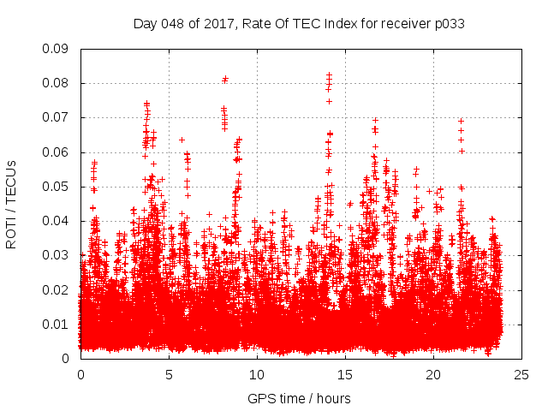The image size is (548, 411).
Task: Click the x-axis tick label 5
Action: pyautogui.click(x=170, y=375)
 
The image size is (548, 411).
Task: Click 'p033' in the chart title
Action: pyautogui.click(x=448, y=23)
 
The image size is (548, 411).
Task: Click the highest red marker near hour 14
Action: pyautogui.click(x=329, y=74)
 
